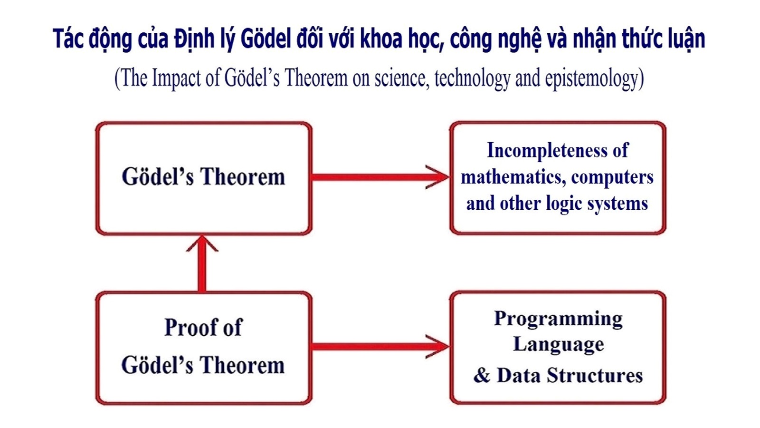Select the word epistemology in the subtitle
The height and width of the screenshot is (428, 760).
[x=592, y=79]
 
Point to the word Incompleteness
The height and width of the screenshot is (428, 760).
[x=547, y=150]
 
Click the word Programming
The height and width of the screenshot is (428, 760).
[x=558, y=320]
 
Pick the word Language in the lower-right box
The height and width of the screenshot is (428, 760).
[x=559, y=345]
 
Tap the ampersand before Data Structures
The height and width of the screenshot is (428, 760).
[x=482, y=375]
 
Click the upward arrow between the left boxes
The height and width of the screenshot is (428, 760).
[x=202, y=263]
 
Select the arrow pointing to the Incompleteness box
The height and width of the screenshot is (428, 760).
[x=380, y=177]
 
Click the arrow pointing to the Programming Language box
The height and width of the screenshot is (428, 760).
[x=380, y=347]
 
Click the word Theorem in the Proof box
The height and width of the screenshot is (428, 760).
[x=243, y=366]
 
